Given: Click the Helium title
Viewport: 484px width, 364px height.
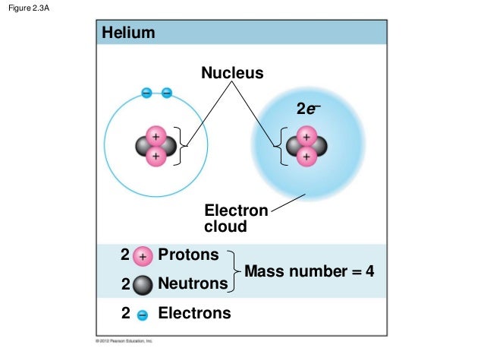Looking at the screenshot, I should pyautogui.click(x=128, y=33).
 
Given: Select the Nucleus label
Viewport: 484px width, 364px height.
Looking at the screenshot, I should pyautogui.click(x=232, y=74).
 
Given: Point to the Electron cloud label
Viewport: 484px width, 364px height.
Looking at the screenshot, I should pyautogui.click(x=236, y=218).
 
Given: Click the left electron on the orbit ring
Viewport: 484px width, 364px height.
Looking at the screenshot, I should pyautogui.click(x=146, y=93).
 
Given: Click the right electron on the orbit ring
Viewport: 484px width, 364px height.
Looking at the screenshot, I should pyautogui.click(x=166, y=93).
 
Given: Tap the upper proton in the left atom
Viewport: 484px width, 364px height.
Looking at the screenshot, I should pyautogui.click(x=156, y=136).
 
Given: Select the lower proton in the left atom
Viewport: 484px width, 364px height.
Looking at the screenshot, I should pyautogui.click(x=156, y=157).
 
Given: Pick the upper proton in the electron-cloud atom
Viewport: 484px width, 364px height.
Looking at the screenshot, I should pyautogui.click(x=306, y=136).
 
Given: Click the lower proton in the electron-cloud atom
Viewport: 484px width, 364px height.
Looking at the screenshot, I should pyautogui.click(x=306, y=157).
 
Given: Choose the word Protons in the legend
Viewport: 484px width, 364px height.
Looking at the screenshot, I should pyautogui.click(x=187, y=255).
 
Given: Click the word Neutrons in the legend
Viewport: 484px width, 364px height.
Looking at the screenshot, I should pyautogui.click(x=192, y=284).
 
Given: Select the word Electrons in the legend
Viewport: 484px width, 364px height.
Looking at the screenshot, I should pyautogui.click(x=193, y=312).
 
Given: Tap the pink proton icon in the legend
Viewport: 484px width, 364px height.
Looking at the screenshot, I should pyautogui.click(x=143, y=257).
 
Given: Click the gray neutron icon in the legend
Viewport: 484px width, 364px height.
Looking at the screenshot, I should pyautogui.click(x=142, y=285).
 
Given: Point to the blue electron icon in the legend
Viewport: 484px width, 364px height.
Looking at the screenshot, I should pyautogui.click(x=143, y=314).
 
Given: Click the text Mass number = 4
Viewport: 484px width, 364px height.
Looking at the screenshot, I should pyautogui.click(x=310, y=271).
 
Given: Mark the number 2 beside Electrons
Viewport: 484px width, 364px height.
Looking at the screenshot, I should pyautogui.click(x=126, y=312).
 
